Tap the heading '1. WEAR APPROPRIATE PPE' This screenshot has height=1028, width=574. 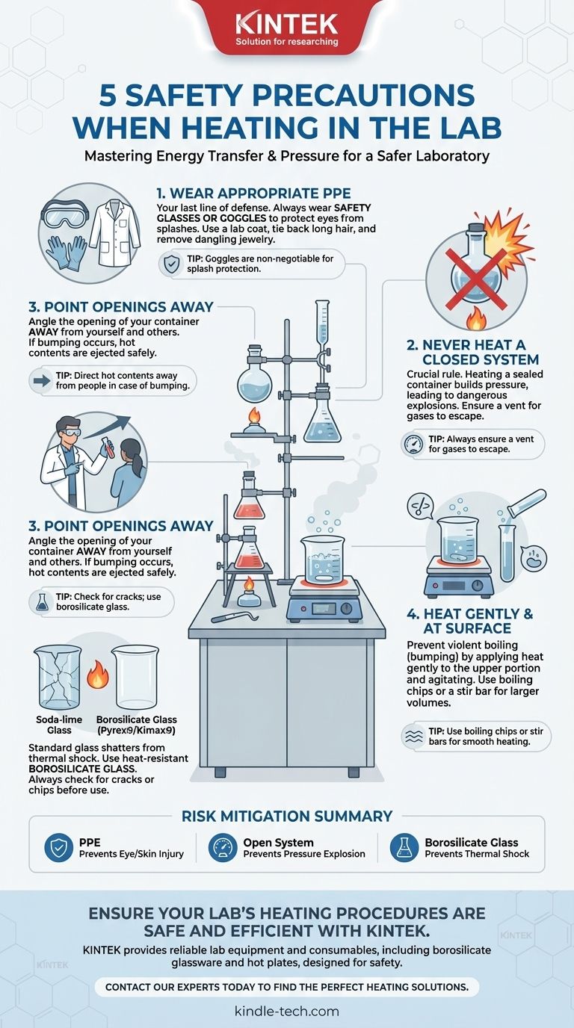253,193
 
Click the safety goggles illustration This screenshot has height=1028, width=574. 65,214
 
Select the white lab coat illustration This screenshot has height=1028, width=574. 115,232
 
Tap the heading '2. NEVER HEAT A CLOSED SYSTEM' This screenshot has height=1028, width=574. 472,352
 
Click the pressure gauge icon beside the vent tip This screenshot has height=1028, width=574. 413,445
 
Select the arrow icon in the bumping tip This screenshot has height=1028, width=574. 42,380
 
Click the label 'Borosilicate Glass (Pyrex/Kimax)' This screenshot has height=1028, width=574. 136,725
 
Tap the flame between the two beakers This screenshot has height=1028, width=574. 97,674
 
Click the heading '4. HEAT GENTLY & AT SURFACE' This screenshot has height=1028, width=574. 469,621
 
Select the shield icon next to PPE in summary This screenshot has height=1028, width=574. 59,848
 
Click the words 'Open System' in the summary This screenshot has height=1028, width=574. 278,843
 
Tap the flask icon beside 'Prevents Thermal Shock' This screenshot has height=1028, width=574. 404,848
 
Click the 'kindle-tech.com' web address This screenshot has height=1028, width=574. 287,1011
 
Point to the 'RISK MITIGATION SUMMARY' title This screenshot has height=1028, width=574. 287,816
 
